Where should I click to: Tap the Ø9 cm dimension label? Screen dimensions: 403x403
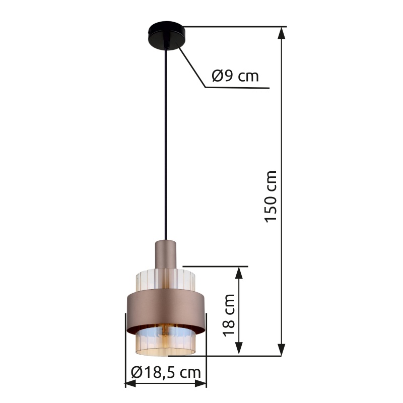coord(235,76)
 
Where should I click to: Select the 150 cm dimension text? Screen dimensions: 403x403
coord(271,196)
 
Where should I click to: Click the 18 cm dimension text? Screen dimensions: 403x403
coord(229,315)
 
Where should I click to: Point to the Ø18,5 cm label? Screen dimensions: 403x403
coord(166,372)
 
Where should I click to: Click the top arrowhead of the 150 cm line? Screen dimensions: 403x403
coord(282,33)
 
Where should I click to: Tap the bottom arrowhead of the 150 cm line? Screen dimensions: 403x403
coord(282,350)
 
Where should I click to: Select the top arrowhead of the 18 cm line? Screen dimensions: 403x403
coord(239,273)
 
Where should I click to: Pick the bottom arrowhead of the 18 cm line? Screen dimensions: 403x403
coord(239,348)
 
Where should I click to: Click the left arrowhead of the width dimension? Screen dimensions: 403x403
coord(130,384)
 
